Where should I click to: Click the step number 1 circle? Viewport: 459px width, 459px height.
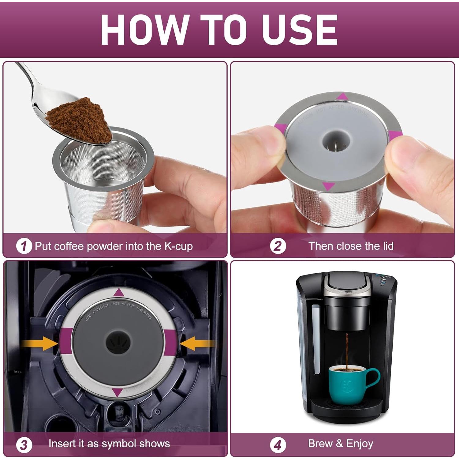(24, 246)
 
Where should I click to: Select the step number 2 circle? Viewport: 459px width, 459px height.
(278, 246)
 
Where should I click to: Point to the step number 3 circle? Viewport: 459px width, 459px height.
(24, 445)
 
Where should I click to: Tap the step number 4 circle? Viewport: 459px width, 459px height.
(278, 445)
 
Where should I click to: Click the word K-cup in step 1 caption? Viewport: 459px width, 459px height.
(178, 246)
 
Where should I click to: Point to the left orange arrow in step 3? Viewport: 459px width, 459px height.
(40, 343)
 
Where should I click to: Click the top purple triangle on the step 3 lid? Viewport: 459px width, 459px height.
(118, 293)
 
